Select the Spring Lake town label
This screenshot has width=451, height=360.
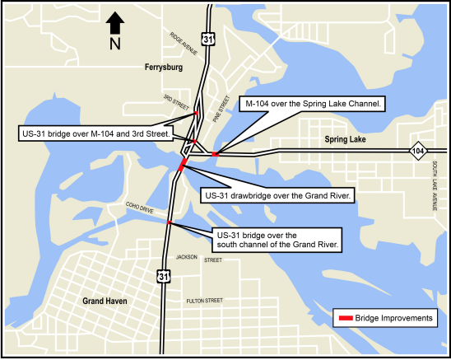pyautogui.click(x=346, y=139)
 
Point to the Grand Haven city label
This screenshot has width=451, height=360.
pyautogui.click(x=105, y=302)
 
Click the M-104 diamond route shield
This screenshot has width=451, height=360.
pyautogui.click(x=419, y=151)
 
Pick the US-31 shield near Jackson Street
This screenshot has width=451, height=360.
pyautogui.click(x=165, y=274)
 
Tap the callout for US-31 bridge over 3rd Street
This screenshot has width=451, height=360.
pyautogui.click(x=94, y=133)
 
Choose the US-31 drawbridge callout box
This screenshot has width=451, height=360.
pyautogui.click(x=277, y=196)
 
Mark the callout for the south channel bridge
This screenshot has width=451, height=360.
pyautogui.click(x=277, y=239)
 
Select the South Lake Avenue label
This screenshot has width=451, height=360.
pyautogui.click(x=435, y=185)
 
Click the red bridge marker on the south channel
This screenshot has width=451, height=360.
pyautogui.click(x=169, y=222)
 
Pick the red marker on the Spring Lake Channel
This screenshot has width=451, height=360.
pyautogui.click(x=215, y=153)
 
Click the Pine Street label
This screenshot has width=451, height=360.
pyautogui.click(x=219, y=108)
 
